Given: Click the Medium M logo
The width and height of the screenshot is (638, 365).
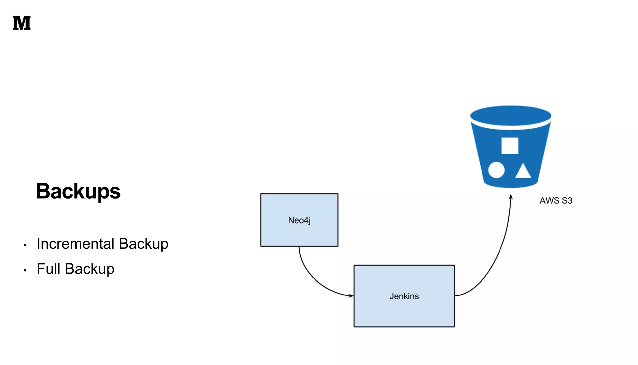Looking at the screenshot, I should (22, 23).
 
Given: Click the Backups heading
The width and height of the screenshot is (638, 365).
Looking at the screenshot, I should (78, 191).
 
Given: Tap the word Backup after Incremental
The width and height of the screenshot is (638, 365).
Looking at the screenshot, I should (143, 244).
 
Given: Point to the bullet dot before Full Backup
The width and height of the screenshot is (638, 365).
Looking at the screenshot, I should (25, 270).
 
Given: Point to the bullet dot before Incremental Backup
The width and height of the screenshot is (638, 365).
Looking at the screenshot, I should (25, 245).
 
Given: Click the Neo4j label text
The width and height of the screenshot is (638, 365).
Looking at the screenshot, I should (299, 220).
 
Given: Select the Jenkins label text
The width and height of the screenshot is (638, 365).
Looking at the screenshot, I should (404, 296).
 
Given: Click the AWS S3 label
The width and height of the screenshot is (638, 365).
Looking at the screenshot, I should (556, 200).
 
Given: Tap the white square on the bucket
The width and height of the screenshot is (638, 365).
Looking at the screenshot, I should (510, 146).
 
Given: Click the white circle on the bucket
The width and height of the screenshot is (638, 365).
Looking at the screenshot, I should (496, 170).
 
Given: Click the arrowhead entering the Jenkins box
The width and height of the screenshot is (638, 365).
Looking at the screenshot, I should (351, 295).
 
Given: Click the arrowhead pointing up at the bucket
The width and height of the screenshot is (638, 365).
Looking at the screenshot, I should (511, 197).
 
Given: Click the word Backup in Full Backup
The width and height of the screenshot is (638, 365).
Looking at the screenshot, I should (89, 269).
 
